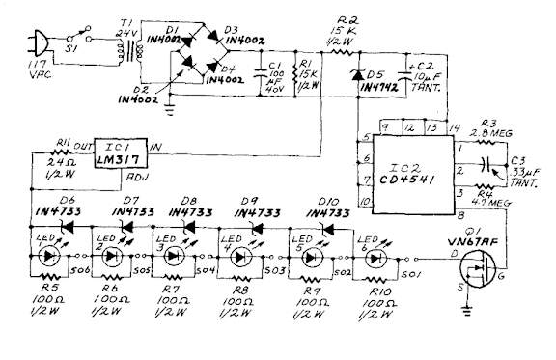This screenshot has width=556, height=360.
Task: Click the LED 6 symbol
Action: point(369,257)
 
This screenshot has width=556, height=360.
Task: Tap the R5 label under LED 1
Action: point(40,288)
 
